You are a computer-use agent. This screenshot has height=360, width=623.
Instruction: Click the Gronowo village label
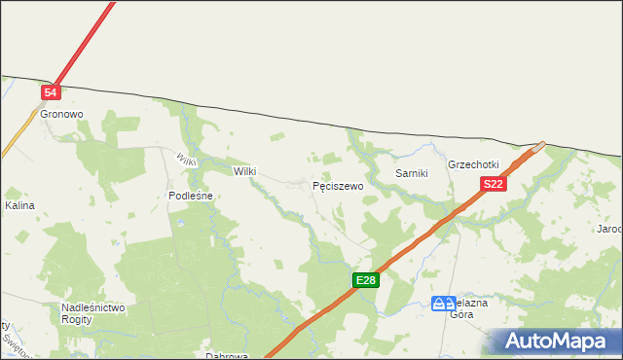[x=61, y=114]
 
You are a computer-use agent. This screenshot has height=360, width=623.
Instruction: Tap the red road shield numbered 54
[x=52, y=92]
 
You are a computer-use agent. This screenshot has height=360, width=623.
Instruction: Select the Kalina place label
[x=19, y=206]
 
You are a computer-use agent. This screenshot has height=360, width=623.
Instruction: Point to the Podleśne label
[x=190, y=196]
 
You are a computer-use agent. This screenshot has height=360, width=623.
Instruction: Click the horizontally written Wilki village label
[x=244, y=171]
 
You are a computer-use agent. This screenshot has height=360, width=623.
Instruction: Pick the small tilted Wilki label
[x=187, y=159]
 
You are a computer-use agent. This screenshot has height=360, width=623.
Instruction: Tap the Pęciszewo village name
[x=338, y=185]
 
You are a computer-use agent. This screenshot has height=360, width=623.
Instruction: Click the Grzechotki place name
[x=473, y=164]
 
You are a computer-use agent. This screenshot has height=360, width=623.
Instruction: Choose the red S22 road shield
[x=493, y=184]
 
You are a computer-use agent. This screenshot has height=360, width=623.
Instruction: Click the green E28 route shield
[x=365, y=280]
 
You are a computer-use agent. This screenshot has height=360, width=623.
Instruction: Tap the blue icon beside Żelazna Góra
[x=443, y=304]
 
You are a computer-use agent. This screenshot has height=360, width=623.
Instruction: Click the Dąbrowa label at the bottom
[x=227, y=356]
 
